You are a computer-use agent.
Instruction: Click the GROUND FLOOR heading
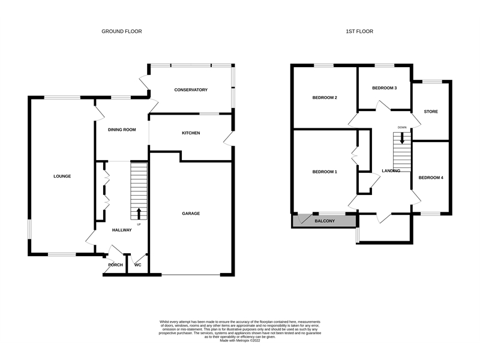coord(122,31)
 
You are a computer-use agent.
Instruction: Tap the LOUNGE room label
coord(62,176)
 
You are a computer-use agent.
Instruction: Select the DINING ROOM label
coord(122,130)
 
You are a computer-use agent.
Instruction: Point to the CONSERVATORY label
coord(191,90)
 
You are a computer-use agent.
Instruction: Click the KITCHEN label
coord(191,133)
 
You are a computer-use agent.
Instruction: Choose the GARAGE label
coord(191,214)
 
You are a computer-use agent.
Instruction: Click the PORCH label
coord(115,265)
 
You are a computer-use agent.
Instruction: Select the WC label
coord(138,265)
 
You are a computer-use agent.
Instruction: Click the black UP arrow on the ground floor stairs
coord(139,214)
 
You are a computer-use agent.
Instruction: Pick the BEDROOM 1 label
coord(325,172)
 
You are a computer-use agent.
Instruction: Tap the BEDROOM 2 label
coord(325,98)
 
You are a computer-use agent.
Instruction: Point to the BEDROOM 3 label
coord(384,88)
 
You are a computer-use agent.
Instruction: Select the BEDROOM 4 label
coord(431,178)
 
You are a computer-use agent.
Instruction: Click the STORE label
coord(431,112)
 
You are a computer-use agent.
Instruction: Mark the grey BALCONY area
coord(324,221)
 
